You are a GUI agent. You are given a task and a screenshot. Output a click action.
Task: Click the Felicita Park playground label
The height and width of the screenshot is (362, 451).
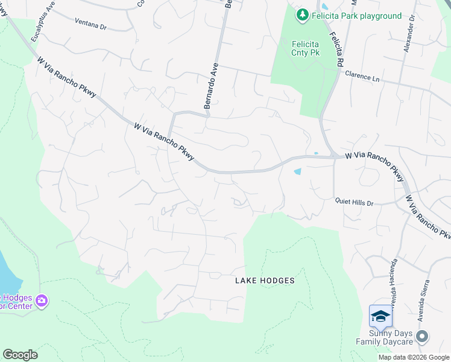click(x=356, y=16)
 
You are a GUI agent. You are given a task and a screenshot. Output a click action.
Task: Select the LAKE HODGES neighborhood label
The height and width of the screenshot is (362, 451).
click(x=265, y=281)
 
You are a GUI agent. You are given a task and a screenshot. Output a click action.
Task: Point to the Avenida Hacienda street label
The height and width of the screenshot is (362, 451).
click(x=393, y=283)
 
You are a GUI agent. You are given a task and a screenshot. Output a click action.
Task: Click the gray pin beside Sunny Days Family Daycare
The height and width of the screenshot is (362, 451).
click(x=423, y=337)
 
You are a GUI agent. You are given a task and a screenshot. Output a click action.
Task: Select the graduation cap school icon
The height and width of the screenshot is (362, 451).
click(x=380, y=316)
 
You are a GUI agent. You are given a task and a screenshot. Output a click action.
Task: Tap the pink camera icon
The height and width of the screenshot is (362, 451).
click(x=42, y=300)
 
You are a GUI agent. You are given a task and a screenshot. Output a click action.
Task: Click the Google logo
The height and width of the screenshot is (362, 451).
click(x=20, y=355)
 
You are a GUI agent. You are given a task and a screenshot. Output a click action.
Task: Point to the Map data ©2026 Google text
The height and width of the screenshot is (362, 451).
click(x=414, y=357)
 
